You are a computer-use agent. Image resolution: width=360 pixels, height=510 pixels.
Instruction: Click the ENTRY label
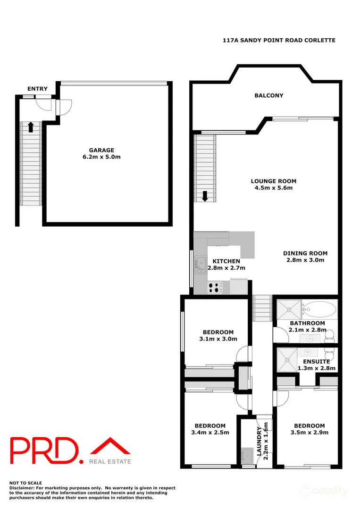[37, 89]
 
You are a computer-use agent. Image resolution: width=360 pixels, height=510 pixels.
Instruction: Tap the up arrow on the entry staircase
[31, 127]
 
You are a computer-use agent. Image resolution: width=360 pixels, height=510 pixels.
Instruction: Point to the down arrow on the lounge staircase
[205, 195]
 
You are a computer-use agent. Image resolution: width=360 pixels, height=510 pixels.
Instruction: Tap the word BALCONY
[269, 95]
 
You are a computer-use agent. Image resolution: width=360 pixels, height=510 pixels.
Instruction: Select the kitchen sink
[201, 263]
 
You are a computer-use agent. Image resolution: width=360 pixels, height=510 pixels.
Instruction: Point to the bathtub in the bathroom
[320, 310]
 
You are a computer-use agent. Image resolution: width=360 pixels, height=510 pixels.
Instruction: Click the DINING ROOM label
[305, 253]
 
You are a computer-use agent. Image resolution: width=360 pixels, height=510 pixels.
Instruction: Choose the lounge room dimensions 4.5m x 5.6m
[274, 188]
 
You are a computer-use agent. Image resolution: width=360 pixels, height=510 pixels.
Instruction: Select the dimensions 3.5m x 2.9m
[310, 432]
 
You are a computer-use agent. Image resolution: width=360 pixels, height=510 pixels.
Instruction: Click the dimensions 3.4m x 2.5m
[210, 432]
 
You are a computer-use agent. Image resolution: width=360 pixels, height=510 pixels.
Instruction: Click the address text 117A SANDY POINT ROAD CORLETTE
[279, 41]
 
